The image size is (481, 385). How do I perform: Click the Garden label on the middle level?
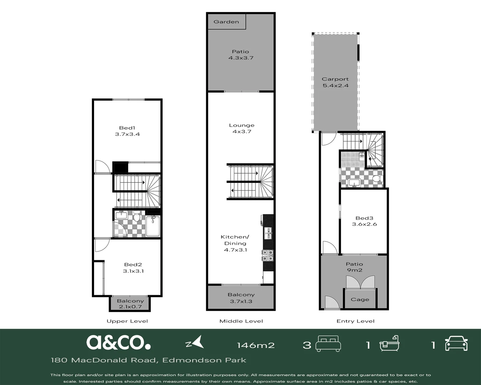click(x=226, y=22)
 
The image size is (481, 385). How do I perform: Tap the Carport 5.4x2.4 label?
click(x=335, y=82)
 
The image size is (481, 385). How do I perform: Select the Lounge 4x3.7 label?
click(x=242, y=128)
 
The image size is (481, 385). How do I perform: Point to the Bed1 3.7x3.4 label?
click(x=127, y=131)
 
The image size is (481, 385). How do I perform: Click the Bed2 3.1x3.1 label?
click(x=133, y=268)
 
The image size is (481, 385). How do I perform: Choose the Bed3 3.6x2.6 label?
click(x=364, y=221)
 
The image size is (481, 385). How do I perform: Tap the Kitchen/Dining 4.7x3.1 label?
click(x=235, y=243)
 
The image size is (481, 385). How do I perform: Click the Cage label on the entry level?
click(x=360, y=299)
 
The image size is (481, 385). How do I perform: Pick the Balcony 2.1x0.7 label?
click(x=130, y=304)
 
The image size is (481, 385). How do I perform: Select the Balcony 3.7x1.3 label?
click(x=241, y=298)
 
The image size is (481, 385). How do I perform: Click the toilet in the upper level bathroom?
click(x=136, y=216)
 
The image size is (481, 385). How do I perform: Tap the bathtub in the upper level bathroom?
click(x=153, y=226)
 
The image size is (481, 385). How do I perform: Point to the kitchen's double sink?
click(x=268, y=233)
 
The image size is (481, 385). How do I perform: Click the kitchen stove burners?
click(x=268, y=256)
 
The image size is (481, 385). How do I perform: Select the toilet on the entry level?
click(x=377, y=179)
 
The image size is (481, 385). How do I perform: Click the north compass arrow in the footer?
click(x=195, y=342)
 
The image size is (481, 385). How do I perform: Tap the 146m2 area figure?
click(x=256, y=345)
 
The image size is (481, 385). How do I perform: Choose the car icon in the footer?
click(x=456, y=343)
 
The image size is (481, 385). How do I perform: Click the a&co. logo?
click(x=118, y=342)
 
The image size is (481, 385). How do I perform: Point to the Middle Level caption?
click(x=241, y=321)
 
